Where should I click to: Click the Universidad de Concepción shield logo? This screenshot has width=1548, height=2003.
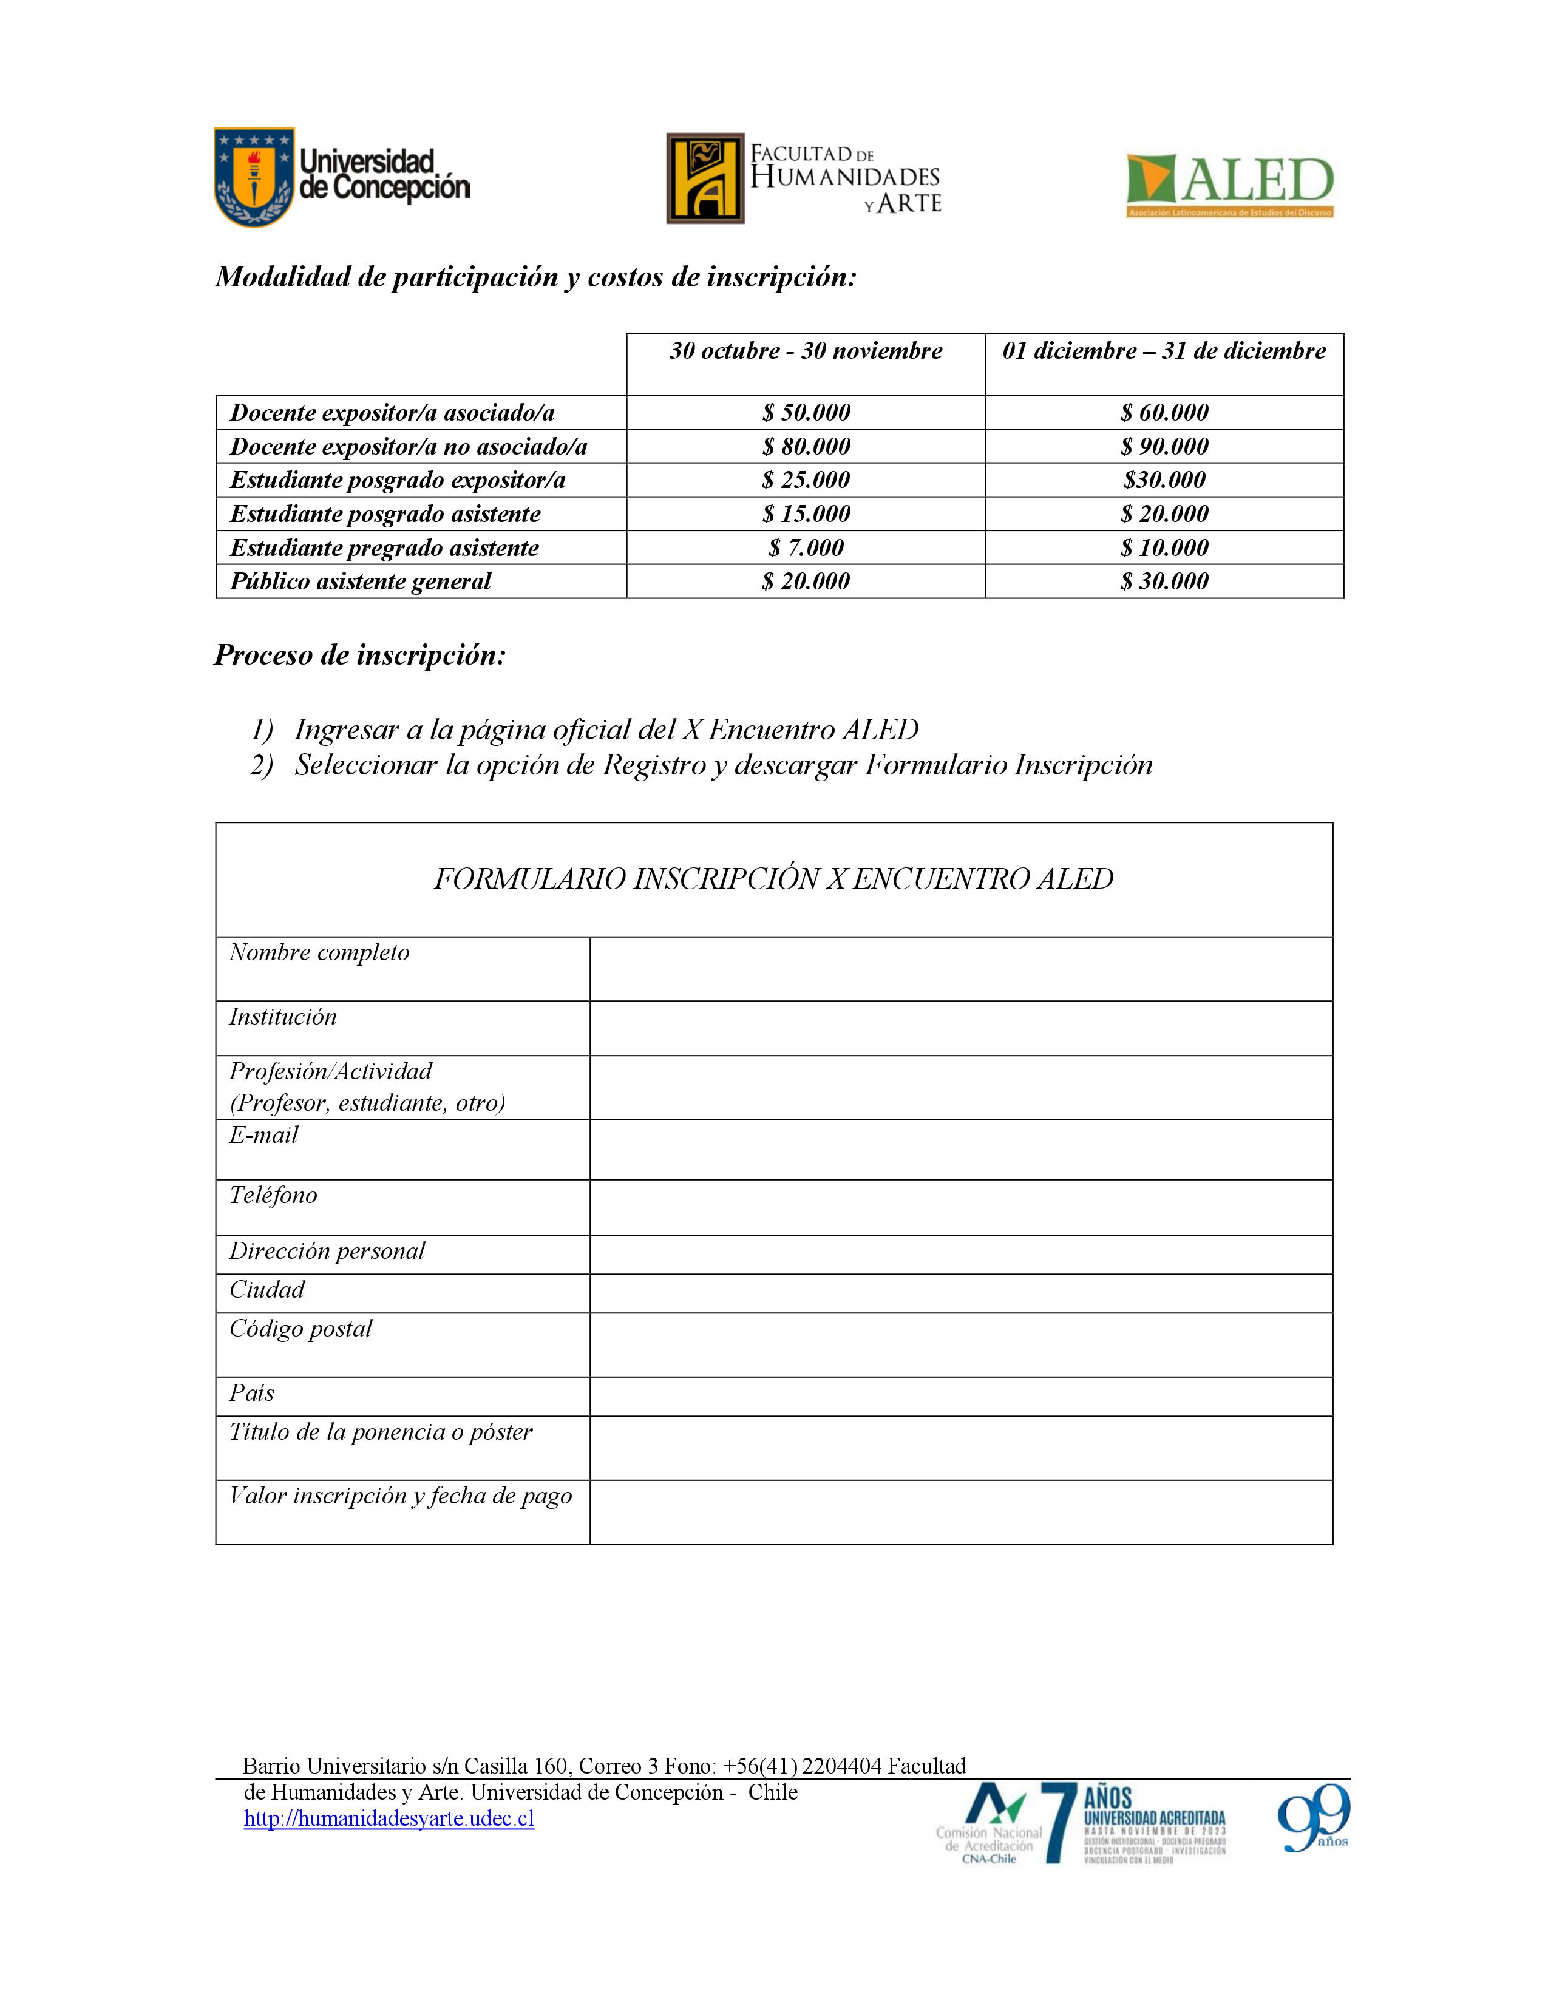[x=254, y=177]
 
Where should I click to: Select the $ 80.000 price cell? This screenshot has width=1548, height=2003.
[x=806, y=447]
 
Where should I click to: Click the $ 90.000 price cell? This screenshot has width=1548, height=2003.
[x=1164, y=447]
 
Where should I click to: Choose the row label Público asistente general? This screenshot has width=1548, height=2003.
[x=361, y=581]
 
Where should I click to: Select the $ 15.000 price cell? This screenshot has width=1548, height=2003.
[x=806, y=513]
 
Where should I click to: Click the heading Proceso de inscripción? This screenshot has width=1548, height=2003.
[x=359, y=655]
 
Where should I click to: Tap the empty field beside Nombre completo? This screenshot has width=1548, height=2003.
[x=960, y=969]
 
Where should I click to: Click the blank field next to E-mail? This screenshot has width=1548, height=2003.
[x=960, y=1149]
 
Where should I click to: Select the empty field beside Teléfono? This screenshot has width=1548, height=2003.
[x=960, y=1207]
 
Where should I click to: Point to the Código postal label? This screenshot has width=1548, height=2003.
[x=300, y=1329]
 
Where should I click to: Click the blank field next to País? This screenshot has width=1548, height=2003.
[x=960, y=1396]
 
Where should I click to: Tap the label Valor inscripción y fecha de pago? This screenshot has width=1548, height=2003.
[x=401, y=1496]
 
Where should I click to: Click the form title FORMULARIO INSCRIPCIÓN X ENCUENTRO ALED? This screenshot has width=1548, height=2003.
[x=773, y=879]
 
